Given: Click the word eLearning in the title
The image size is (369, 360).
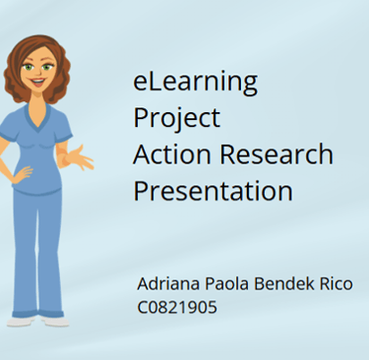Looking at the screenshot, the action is pyautogui.click(x=195, y=82).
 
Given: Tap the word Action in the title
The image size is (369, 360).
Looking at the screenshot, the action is pyautogui.click(x=172, y=153).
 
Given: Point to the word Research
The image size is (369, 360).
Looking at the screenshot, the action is pyautogui.click(x=277, y=153).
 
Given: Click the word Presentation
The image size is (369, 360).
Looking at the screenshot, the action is pyautogui.click(x=213, y=191).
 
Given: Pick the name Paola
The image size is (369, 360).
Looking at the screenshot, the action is pyautogui.click(x=227, y=283).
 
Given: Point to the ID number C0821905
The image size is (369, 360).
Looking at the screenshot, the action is pyautogui.click(x=177, y=308).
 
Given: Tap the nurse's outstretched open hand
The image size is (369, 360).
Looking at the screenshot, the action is pyautogui.click(x=80, y=158).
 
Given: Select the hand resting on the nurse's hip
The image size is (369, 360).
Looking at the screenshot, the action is pyautogui.click(x=23, y=174).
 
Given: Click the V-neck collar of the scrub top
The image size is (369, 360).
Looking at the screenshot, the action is pyautogui.click(x=38, y=119).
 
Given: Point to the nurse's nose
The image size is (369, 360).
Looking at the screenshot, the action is pyautogui.click(x=37, y=71).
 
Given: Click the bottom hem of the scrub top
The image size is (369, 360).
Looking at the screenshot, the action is pyautogui.click(x=37, y=190).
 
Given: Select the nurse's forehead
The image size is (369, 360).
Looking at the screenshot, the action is pyautogui.click(x=38, y=56).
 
